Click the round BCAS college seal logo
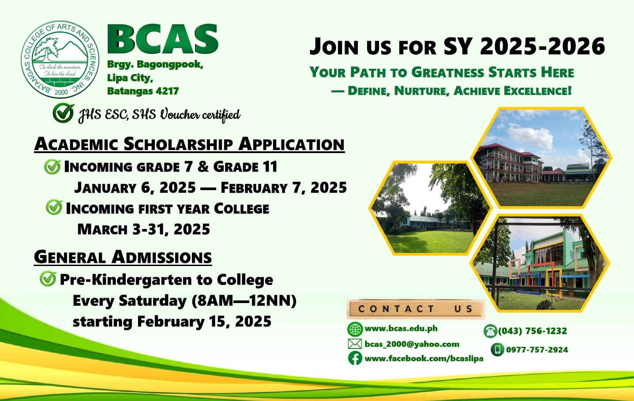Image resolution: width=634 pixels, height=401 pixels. tap(60, 59)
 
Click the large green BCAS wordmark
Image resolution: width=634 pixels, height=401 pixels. tap(163, 39)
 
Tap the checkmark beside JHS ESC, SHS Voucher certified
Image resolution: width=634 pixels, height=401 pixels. tap(64, 112)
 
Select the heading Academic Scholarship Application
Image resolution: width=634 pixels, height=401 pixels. tap(189, 144)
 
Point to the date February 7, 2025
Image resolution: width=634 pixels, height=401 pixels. tap(284, 187)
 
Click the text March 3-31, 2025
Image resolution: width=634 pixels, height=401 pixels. tap(143, 229)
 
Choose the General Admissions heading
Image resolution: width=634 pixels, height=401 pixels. tap(123, 257)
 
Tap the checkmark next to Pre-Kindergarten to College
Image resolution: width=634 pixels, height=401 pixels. tap(48, 278)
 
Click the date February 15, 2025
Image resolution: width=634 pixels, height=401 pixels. tap(204, 322)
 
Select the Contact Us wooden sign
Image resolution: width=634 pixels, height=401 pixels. tap(416, 309)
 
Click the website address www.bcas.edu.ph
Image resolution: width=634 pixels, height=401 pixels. tap(401, 329)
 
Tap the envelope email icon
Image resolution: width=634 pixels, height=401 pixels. tap(355, 344)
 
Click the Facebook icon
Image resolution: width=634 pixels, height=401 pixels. tap(355, 358)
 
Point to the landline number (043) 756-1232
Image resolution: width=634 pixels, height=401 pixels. tap(533, 331)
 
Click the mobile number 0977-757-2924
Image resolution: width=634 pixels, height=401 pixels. tap(537, 350)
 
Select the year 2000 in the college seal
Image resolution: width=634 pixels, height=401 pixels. tap(61, 92)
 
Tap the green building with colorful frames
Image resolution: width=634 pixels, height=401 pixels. tap(540, 263)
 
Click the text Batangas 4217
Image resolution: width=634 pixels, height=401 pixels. tap(143, 91)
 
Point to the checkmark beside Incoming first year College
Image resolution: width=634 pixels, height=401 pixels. tap(54, 207)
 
